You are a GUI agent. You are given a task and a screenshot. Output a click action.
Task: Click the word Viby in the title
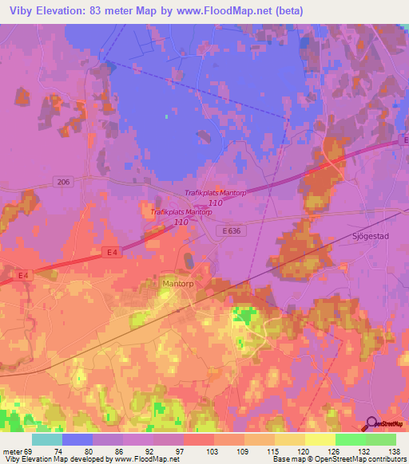click(24, 11)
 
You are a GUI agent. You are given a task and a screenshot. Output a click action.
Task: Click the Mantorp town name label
click(179, 282)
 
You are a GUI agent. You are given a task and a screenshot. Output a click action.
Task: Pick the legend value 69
click(30, 450)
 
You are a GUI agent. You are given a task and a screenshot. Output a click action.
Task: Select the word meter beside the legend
click(11, 450)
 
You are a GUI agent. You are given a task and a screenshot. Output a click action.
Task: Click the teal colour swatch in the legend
click(47, 439)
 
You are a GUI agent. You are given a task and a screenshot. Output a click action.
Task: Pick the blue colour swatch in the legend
click(77, 439)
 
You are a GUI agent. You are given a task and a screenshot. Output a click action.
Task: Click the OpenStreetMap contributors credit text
click(372, 459)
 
